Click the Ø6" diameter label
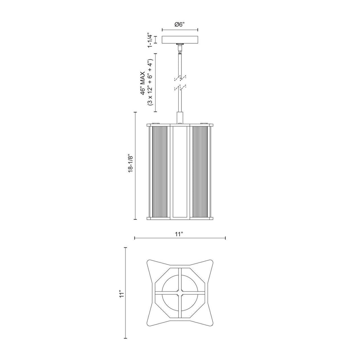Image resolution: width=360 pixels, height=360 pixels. click(180, 24)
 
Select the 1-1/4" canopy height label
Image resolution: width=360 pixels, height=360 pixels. click(150, 40)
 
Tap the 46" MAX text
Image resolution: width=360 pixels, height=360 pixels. click(143, 82)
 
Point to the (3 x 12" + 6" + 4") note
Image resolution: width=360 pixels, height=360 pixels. click(150, 82)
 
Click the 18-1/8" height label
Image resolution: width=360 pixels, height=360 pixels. click(131, 162)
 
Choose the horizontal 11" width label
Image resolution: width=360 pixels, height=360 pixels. click(180, 234)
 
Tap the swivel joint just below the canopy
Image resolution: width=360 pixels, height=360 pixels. click(180, 48)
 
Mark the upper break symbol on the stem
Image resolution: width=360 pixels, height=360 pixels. click(180, 76)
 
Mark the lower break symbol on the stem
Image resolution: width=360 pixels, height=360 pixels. click(180, 87)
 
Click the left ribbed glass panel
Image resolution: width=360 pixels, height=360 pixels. click(160, 172)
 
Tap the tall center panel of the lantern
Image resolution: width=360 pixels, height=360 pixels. click(180, 172)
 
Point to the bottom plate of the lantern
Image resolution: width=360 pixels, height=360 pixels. click(180, 218)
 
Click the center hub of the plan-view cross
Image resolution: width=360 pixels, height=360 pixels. click(180, 292)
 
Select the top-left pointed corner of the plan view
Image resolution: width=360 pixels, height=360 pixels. click(148, 262)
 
